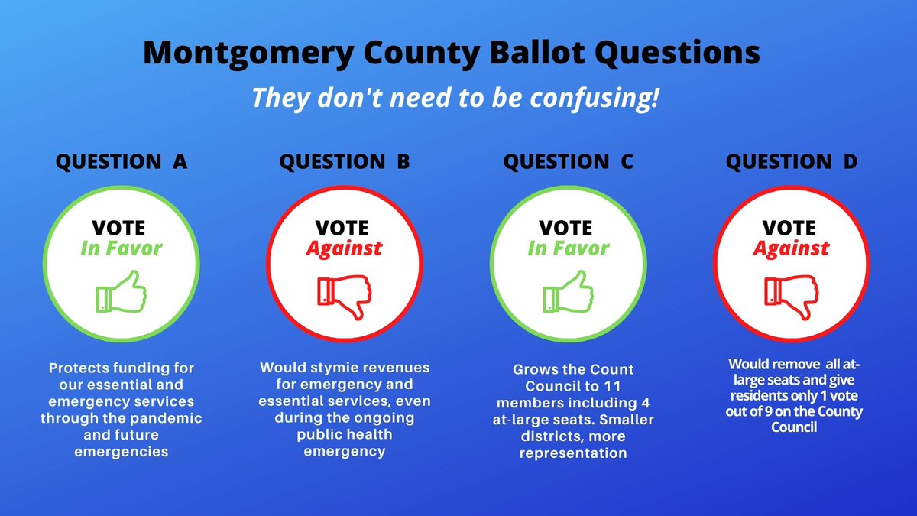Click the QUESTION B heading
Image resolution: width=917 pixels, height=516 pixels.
(x=345, y=162)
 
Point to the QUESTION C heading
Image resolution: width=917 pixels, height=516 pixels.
(x=569, y=162)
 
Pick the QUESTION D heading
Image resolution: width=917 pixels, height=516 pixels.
(x=792, y=162)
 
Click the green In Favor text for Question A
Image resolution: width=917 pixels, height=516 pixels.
(x=121, y=248)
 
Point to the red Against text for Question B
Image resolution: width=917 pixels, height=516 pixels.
(x=345, y=248)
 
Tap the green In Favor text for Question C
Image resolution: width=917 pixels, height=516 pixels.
(x=569, y=248)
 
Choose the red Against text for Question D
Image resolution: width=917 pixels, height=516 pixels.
(x=792, y=248)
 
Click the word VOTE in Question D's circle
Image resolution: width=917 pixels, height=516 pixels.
(x=792, y=227)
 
